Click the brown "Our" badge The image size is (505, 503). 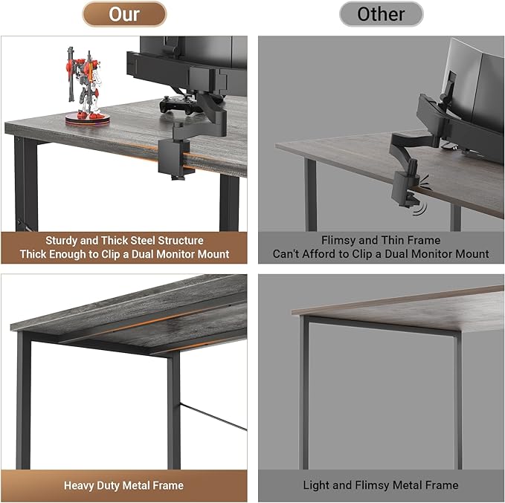(123, 14)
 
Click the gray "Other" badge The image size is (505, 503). (381, 14)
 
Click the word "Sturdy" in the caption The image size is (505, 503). (65, 241)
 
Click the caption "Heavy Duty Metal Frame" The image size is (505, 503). (123, 486)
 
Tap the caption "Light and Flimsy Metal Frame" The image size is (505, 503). (380, 486)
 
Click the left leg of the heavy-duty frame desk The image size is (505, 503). (24, 401)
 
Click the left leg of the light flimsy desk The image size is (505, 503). (303, 394)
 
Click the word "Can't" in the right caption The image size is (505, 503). (287, 254)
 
